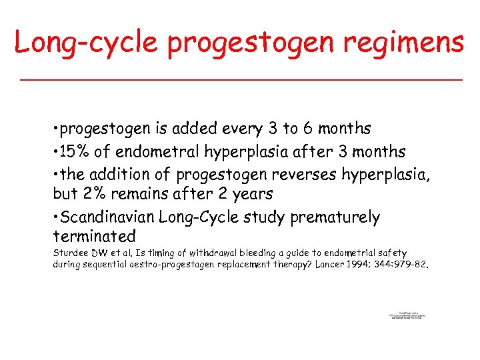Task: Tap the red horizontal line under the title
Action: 240,79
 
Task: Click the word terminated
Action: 94,237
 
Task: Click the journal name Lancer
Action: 331,265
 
